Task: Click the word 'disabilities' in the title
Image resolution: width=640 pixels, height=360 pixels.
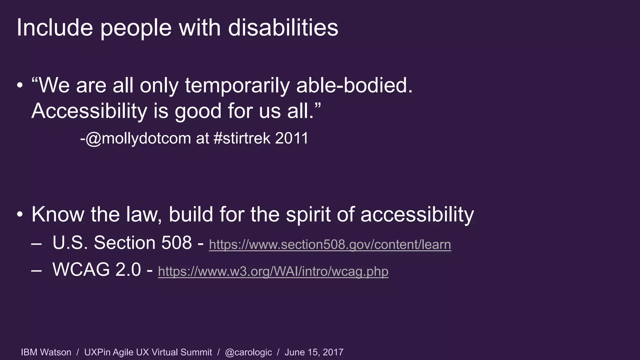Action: click(283, 28)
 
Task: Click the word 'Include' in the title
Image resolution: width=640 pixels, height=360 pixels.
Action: click(55, 28)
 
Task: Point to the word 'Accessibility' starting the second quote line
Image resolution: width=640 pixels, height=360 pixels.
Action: click(89, 111)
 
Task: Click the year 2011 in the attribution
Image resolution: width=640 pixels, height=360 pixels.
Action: click(292, 138)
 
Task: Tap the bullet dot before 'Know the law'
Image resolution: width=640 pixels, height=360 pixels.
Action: click(20, 215)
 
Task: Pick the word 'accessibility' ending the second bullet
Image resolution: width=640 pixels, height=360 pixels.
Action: click(417, 215)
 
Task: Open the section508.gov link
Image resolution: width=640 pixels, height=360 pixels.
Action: click(330, 244)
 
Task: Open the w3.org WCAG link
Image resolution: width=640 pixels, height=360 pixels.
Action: click(273, 271)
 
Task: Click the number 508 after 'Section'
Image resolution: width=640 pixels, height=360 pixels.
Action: click(176, 243)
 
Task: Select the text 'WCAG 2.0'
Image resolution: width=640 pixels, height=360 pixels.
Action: click(97, 269)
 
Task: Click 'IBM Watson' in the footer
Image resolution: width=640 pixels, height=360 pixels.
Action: click(46, 352)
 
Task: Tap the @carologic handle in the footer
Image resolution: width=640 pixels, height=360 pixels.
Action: click(248, 352)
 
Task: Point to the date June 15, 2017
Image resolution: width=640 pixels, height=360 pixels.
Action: click(314, 352)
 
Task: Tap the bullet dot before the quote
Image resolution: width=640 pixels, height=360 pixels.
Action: click(20, 86)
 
